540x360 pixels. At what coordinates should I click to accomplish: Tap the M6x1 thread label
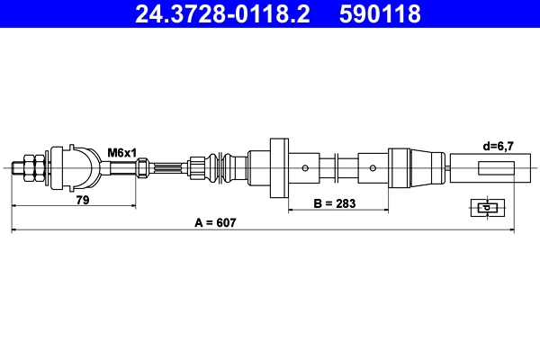pos(121,152)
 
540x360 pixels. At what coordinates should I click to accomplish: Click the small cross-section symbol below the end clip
pos(484,207)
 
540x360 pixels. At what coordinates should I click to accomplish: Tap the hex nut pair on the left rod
pos(31,166)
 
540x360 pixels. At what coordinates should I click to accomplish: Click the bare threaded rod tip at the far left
pos(16,166)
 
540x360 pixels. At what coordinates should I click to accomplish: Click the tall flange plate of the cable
pos(278,166)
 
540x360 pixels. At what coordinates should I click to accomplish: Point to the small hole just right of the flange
pos(306,167)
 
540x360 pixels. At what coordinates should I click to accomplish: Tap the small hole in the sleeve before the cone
pos(372,167)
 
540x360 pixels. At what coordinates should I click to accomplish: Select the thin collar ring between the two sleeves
pos(336,167)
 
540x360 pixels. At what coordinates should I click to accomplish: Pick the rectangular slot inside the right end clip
pos(497,166)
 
